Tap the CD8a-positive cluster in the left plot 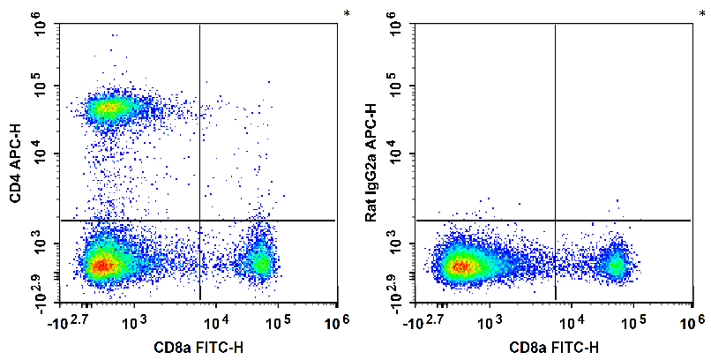(260, 262)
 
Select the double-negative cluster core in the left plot (103, 264)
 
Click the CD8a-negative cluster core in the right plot (459, 265)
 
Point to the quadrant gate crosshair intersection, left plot (200, 220)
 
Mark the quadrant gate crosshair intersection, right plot (555, 220)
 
